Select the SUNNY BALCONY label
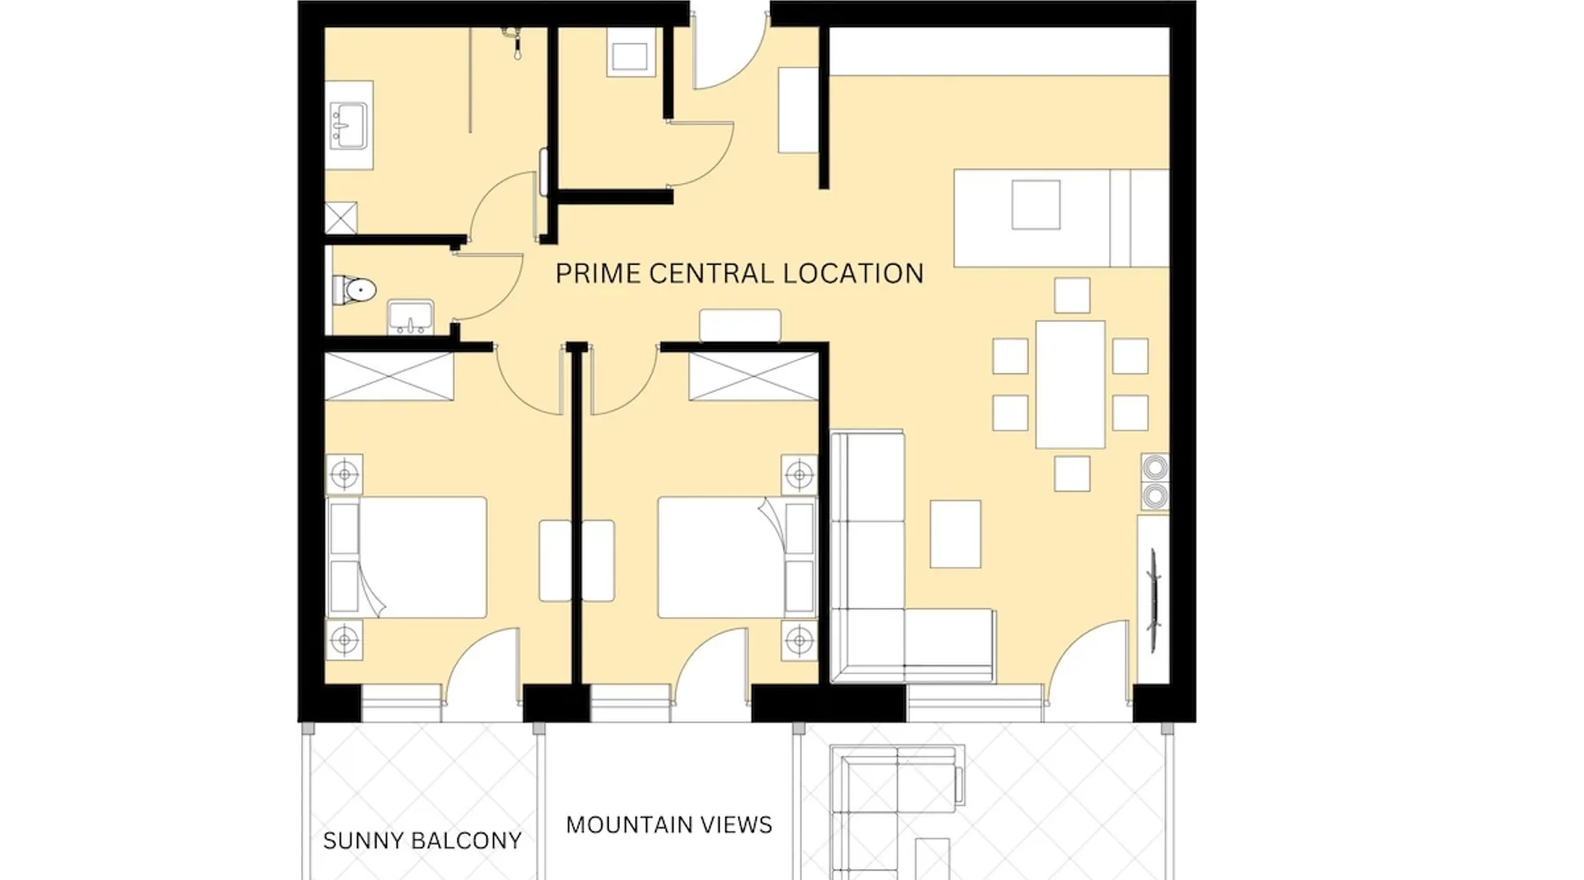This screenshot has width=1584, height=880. pyautogui.click(x=422, y=840)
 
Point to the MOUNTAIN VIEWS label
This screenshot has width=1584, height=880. pyautogui.click(x=669, y=825)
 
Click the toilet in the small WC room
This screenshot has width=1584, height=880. pyautogui.click(x=354, y=290)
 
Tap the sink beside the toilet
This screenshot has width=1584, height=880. pyautogui.click(x=410, y=317)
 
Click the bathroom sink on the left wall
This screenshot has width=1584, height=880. pyautogui.click(x=348, y=125)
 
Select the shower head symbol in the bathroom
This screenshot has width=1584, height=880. pyautogui.click(x=515, y=43)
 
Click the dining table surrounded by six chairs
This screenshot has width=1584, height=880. pyautogui.click(x=1070, y=385)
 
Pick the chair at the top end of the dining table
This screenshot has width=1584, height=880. pyautogui.click(x=1072, y=296)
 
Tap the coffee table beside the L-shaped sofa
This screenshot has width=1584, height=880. pyautogui.click(x=956, y=534)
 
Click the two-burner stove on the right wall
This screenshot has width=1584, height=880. pyautogui.click(x=1155, y=482)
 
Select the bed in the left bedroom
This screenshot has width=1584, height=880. pyautogui.click(x=407, y=557)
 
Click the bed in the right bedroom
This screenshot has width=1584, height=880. pyautogui.click(x=737, y=557)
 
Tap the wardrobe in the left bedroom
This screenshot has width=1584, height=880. pyautogui.click(x=389, y=377)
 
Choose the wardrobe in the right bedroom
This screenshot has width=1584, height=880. pyautogui.click(x=753, y=377)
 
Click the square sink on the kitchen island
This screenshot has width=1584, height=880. pyautogui.click(x=1036, y=204)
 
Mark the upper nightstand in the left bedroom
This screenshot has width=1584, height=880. pyautogui.click(x=344, y=475)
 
